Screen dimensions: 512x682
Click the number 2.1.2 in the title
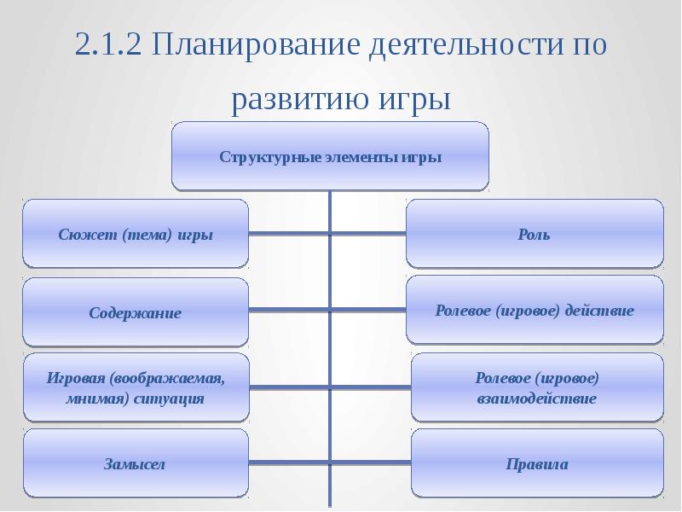pyautogui.click(x=107, y=45)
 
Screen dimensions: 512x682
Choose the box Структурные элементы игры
pyautogui.click(x=330, y=156)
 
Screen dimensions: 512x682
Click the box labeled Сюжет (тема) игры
pyautogui.click(x=136, y=234)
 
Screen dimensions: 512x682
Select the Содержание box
pyautogui.click(x=136, y=312)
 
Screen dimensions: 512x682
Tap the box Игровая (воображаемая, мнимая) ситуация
pyautogui.click(x=136, y=387)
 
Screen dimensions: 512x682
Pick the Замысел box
pyautogui.click(x=136, y=464)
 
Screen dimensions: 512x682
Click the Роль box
pyautogui.click(x=534, y=234)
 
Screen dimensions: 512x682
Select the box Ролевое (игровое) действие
pyautogui.click(x=534, y=310)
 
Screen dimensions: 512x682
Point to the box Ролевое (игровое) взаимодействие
pyautogui.click(x=536, y=387)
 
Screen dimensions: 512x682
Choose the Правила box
pyautogui.click(x=536, y=464)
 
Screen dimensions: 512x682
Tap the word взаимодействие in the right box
pyautogui.click(x=536, y=399)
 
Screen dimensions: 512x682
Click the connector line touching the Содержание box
pyautogui.click(x=289, y=307)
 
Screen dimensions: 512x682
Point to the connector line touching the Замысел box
pyautogui.click(x=289, y=462)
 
